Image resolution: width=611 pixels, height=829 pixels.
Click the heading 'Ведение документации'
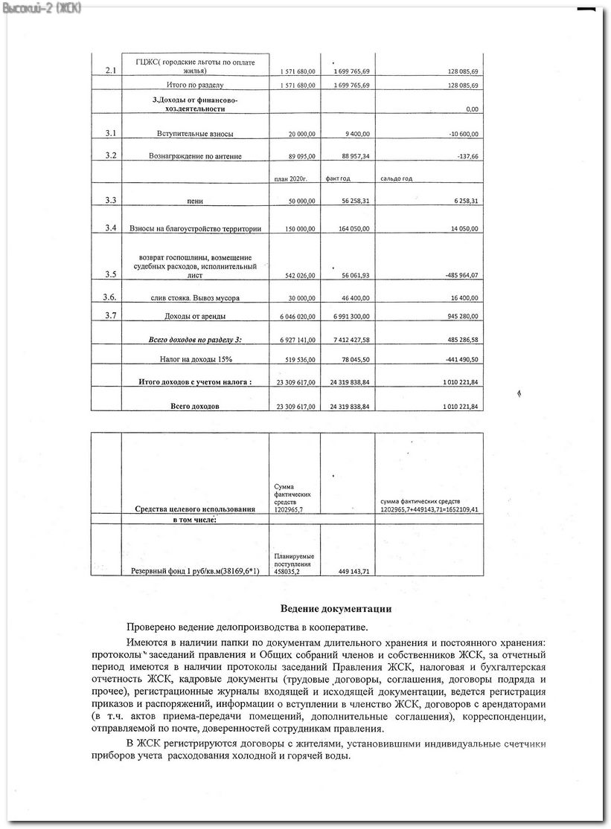point(336,609)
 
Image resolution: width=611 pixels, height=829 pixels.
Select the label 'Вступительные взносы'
point(195,134)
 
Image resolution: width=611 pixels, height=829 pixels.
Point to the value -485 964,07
point(452,275)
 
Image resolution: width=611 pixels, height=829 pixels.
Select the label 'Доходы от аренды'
point(195,317)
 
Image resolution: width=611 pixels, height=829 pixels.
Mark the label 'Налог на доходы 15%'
point(195,359)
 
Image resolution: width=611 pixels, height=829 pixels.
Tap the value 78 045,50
point(349,360)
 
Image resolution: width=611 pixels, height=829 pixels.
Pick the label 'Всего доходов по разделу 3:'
point(196,339)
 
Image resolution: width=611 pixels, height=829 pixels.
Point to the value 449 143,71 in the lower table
point(349,571)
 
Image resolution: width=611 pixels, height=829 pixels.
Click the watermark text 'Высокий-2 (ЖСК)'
point(42,7)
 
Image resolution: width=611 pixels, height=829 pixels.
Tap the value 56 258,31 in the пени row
point(349,201)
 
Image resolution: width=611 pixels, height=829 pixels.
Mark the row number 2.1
point(111,71)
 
